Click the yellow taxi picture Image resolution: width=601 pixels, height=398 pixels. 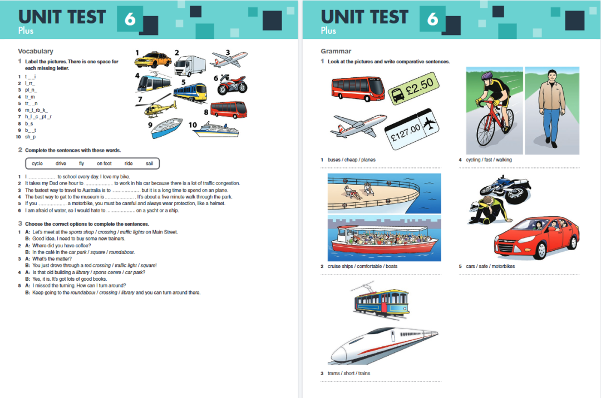pyautogui.click(x=153, y=59)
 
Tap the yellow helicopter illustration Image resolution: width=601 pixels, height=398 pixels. pyautogui.click(x=161, y=107)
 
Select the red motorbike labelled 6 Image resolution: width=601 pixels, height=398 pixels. pyautogui.click(x=233, y=84)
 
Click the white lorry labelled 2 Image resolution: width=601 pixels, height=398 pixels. pyautogui.click(x=190, y=66)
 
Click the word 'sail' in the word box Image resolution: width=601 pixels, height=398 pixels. pyautogui.click(x=149, y=163)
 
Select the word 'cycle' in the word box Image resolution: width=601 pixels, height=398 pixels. pyautogui.click(x=37, y=163)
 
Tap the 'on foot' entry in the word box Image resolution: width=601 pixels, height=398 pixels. pyautogui.click(x=104, y=163)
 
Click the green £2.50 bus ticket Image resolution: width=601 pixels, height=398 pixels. pyautogui.click(x=413, y=88)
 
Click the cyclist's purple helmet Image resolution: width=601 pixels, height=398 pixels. pyautogui.click(x=487, y=75)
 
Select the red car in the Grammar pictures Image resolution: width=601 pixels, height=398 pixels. pyautogui.click(x=536, y=238)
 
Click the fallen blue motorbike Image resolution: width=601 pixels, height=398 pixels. pyautogui.click(x=505, y=189)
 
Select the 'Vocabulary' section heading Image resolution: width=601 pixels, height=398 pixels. pyautogui.click(x=36, y=51)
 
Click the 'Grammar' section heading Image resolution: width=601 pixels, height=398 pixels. pyautogui.click(x=336, y=51)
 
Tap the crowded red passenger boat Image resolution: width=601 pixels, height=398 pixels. pyautogui.click(x=385, y=240)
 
